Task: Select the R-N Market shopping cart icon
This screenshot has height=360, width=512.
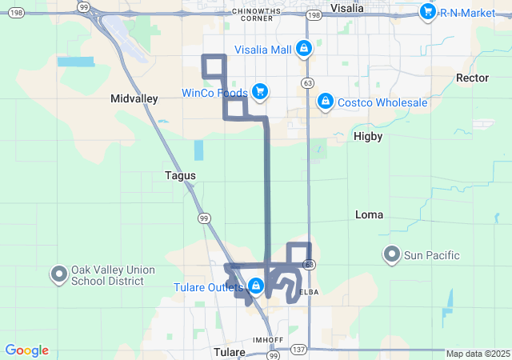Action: coord(427,11)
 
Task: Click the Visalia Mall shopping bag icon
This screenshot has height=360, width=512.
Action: coord(304,50)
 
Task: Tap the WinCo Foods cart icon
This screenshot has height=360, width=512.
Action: coord(260,93)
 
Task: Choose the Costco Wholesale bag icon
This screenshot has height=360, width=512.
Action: coord(325,102)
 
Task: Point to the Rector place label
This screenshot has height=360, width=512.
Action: coord(471,78)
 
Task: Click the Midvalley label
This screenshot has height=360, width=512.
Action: coord(134,98)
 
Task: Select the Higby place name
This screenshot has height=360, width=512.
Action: coord(368,136)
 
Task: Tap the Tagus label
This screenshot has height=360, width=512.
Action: coord(180,175)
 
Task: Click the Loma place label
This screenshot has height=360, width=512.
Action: coord(369,214)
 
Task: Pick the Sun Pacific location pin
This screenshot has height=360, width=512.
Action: coord(391,255)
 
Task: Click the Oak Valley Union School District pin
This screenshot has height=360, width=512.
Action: coord(59,274)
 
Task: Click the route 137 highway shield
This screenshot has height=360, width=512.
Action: coord(298,350)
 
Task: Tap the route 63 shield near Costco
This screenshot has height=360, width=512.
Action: coord(308,82)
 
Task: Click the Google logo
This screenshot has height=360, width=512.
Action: coord(27,350)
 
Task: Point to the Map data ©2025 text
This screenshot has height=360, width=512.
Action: coord(478,354)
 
